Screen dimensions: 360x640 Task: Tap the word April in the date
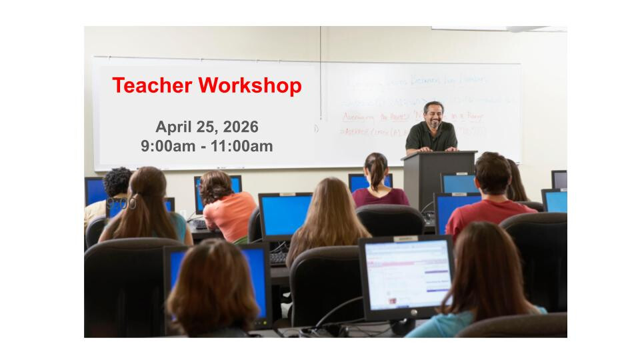coord(174,127)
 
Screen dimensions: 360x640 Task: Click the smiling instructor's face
coord(433,115)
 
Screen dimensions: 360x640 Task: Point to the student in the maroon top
coord(379,193)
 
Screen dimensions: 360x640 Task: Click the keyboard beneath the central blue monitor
coord(279,257)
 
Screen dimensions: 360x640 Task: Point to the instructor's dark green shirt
coord(431,138)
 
